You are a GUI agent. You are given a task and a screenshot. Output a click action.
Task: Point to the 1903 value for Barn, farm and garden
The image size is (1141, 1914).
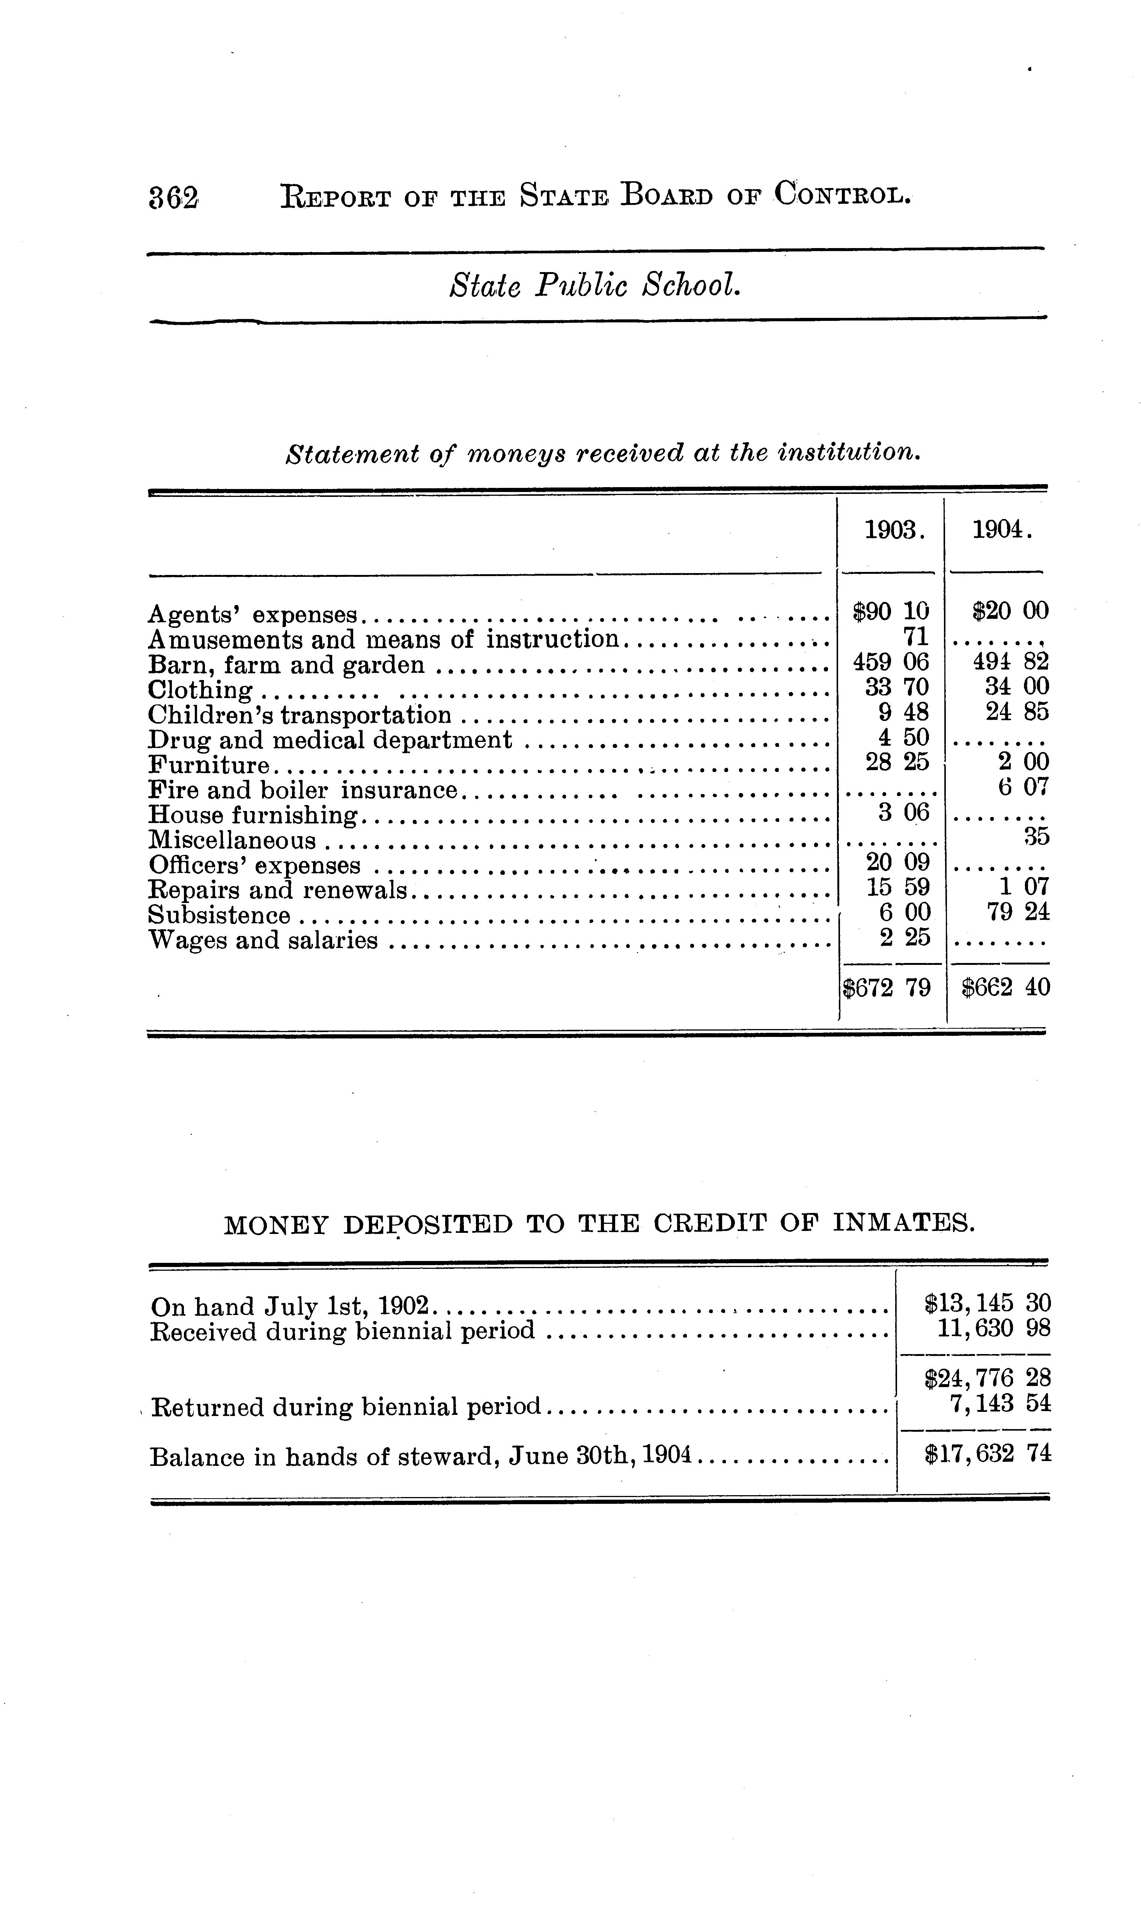891,662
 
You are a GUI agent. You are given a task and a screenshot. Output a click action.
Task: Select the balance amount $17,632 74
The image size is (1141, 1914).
987,1454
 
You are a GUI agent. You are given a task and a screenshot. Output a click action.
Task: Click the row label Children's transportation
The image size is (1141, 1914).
300,716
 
